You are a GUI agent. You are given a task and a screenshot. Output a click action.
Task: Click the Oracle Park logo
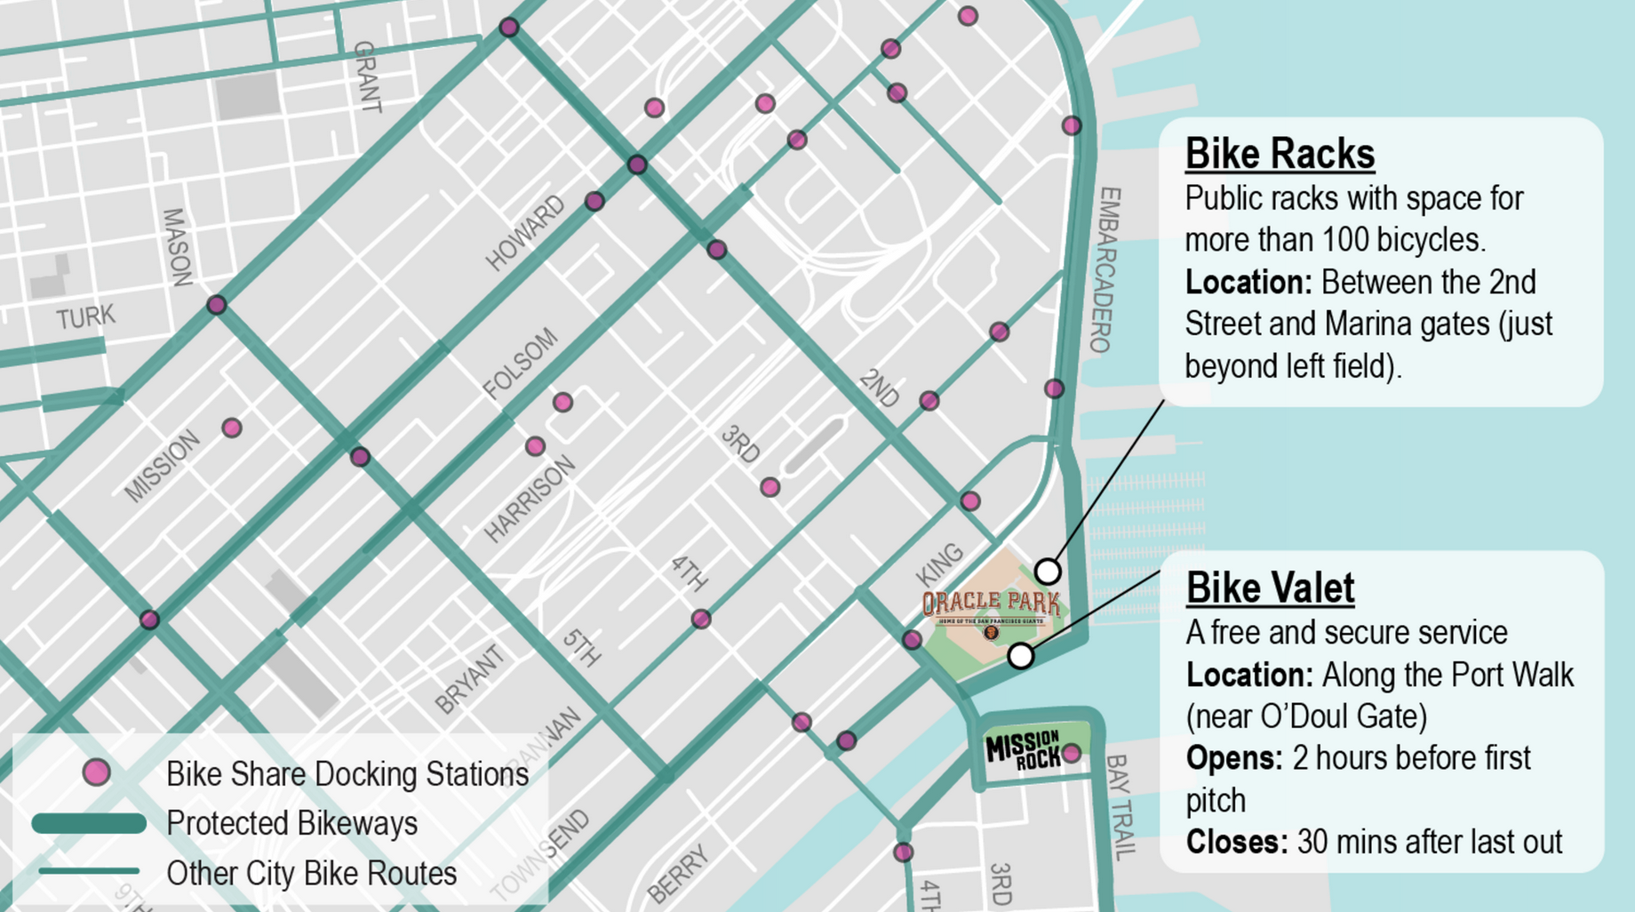(x=991, y=608)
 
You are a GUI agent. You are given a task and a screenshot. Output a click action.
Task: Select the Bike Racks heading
(x=1280, y=154)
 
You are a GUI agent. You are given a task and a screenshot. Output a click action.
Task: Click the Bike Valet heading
(x=1270, y=588)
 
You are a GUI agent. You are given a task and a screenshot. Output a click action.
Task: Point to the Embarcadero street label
(x=1105, y=269)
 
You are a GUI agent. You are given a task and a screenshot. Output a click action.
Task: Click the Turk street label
(x=85, y=317)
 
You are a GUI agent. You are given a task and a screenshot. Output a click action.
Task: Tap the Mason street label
(x=177, y=247)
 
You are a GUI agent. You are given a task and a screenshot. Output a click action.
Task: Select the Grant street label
(x=367, y=76)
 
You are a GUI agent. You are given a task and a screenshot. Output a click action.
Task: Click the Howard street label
(x=525, y=233)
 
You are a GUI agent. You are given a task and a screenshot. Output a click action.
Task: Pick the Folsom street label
(x=521, y=364)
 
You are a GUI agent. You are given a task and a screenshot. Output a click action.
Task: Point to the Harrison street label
(x=530, y=500)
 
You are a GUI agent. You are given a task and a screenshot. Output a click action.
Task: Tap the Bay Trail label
(x=1121, y=807)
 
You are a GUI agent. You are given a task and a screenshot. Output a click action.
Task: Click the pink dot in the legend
(x=96, y=772)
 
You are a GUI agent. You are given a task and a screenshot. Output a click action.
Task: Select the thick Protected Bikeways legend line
(x=89, y=823)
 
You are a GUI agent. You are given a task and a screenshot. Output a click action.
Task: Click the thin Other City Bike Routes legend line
(x=89, y=872)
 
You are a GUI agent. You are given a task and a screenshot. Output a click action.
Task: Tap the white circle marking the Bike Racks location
(x=1048, y=570)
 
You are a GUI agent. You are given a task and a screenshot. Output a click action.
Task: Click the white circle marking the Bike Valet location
(x=1021, y=656)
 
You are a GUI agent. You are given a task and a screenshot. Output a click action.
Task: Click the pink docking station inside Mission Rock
(x=1072, y=754)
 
